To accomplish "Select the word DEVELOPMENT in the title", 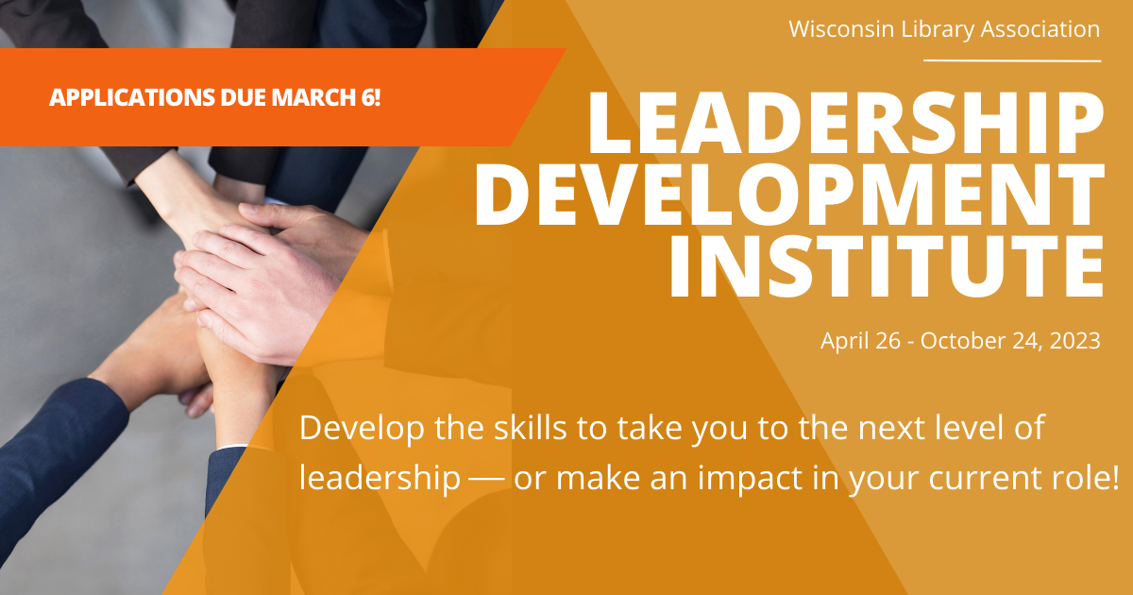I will tap(788, 195).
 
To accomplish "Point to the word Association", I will tap(1044, 29).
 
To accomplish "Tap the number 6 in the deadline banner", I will tap(371, 96).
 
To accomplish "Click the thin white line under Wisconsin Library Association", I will tap(1011, 60).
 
